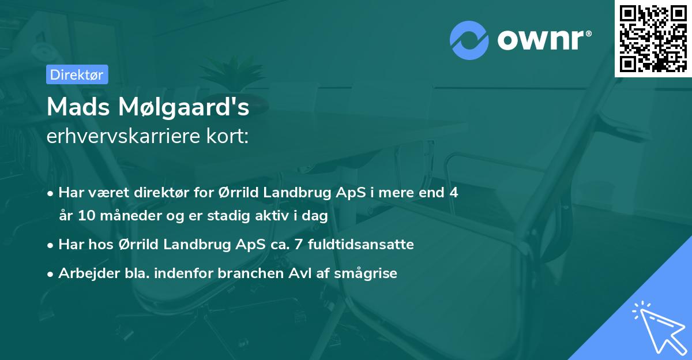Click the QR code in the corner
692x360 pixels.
pos(653,38)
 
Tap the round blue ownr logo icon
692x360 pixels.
pos(469,40)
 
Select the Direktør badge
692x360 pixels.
pos(76,74)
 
